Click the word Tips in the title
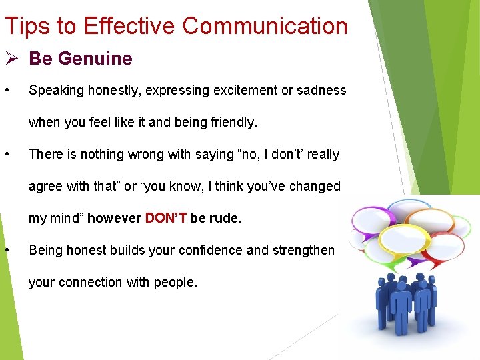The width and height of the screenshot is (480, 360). point(23,26)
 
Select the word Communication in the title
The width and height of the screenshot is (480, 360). point(265,26)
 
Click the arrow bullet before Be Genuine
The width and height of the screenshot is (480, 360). point(12,59)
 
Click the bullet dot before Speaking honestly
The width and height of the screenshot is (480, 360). point(6,90)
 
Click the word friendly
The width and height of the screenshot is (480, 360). point(231,122)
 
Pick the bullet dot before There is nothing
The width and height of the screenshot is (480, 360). point(6,154)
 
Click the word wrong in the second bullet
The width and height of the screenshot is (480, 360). point(138,154)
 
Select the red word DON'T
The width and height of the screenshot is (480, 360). point(165,218)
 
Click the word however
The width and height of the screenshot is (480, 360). point(114,218)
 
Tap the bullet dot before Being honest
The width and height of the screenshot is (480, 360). point(6,250)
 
